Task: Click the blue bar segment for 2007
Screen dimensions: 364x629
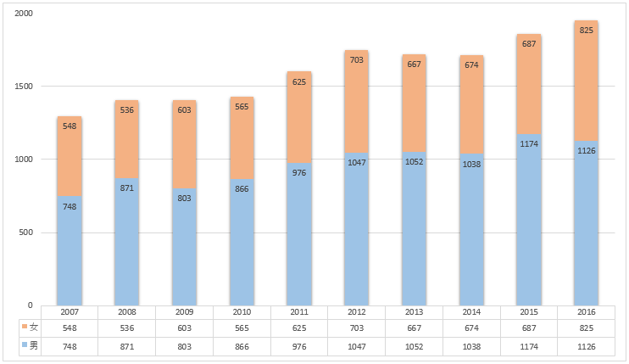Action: [x=70, y=250]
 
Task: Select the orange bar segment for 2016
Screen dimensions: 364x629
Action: [x=586, y=81]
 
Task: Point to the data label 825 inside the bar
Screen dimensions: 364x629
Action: [x=586, y=30]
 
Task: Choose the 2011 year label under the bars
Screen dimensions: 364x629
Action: [x=298, y=312]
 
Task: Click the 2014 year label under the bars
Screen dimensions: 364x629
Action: [x=470, y=312]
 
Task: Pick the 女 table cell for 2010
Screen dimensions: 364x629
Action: [x=242, y=328]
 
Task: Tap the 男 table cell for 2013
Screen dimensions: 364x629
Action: [x=413, y=346]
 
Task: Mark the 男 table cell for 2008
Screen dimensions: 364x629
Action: [x=126, y=346]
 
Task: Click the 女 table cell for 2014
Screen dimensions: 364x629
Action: [x=470, y=328]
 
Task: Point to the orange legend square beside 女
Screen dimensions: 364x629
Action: [x=24, y=328]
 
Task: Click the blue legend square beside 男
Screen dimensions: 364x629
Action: [x=24, y=346]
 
